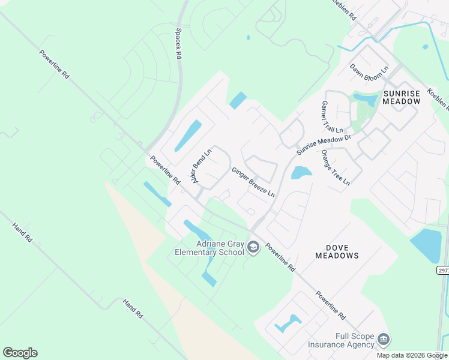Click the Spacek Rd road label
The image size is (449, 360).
click(178, 44)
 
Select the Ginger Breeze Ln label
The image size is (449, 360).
click(253, 182)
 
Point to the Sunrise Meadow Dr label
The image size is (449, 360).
click(323, 144)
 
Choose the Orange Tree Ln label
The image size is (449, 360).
click(335, 167)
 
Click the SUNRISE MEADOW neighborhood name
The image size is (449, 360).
click(402, 98)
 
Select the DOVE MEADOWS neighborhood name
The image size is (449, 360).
click(337, 251)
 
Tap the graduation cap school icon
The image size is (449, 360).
click(253, 247)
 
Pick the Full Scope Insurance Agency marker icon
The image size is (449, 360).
click(383, 341)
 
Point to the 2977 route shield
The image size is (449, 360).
click(443, 271)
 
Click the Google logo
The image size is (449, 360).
click(20, 353)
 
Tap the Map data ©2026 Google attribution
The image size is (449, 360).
click(412, 355)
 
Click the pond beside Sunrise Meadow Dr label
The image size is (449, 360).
click(301, 173)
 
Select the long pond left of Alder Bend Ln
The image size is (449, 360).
click(188, 136)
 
